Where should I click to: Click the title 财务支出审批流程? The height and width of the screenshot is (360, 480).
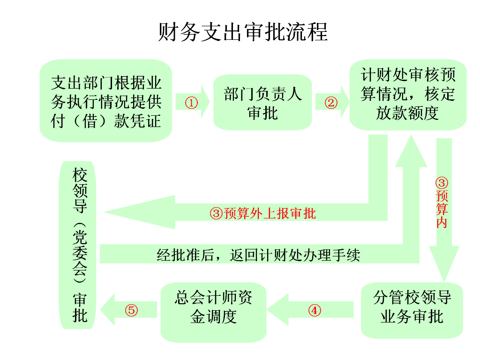pos(243,31)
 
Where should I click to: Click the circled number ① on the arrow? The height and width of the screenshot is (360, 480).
pos(191,103)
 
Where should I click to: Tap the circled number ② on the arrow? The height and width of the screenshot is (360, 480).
pos(331,103)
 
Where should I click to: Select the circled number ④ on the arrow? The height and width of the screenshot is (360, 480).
pos(315,310)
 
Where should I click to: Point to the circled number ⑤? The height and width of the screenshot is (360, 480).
pos(132,310)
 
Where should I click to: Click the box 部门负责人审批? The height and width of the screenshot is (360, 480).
pos(262,103)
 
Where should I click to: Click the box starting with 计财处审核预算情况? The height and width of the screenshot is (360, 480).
pos(408,94)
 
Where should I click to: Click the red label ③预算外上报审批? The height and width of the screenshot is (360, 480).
pos(262,214)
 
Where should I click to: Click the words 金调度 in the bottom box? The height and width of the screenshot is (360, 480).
pos(213,317)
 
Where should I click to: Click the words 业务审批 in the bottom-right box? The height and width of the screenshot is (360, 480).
pos(412,317)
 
